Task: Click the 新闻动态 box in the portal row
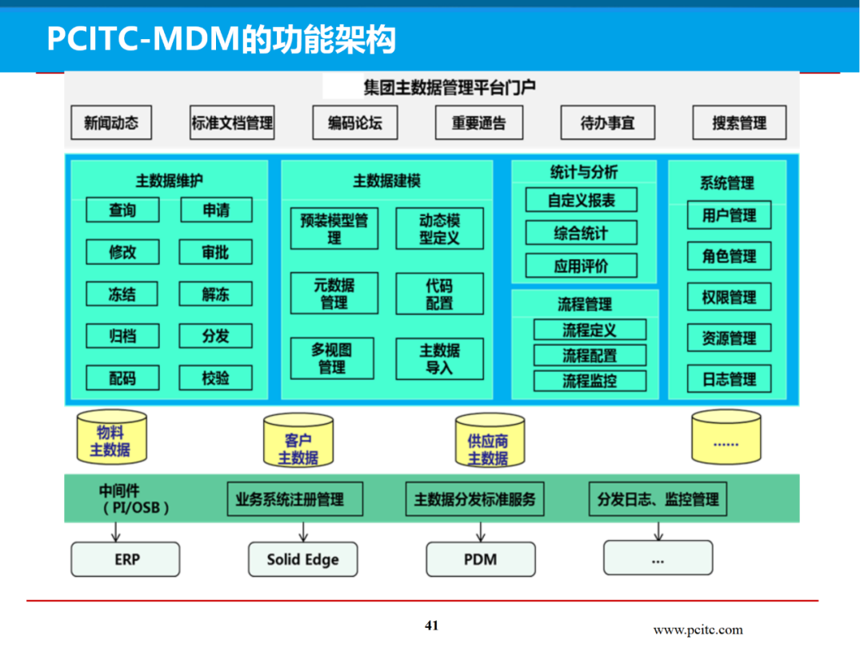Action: pos(111,123)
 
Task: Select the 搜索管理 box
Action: pos(738,123)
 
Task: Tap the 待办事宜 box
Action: pos(607,123)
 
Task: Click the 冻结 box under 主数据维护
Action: pos(122,294)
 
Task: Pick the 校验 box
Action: pos(215,377)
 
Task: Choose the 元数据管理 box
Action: pos(333,294)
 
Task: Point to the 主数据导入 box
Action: pos(439,359)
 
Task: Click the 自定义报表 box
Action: pos(582,200)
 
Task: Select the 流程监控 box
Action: pos(590,381)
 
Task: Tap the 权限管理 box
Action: pos(729,298)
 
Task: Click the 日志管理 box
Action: pos(729,379)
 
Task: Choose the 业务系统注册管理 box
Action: pos(295,499)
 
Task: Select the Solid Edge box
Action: pos(302,559)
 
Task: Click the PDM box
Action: pos(480,559)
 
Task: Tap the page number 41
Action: pos(432,626)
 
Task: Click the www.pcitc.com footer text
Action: pos(698,630)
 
